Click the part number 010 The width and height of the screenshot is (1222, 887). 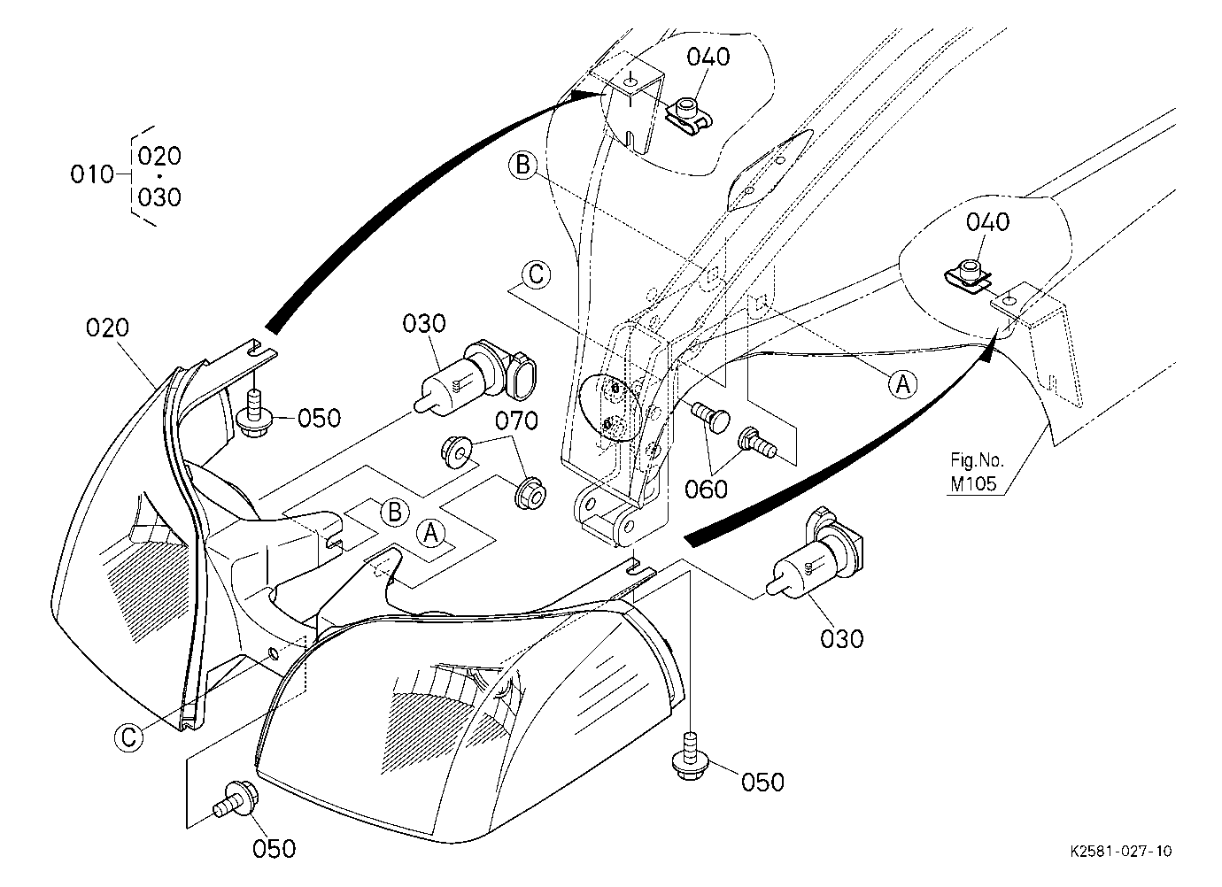tap(92, 174)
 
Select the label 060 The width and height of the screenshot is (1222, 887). tap(706, 489)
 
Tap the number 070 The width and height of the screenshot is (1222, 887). tap(516, 421)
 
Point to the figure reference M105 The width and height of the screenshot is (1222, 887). tap(973, 483)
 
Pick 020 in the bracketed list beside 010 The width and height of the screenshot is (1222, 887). tap(159, 156)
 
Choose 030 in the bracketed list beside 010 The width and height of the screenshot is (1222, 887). tap(159, 197)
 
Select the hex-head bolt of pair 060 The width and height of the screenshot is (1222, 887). tap(757, 443)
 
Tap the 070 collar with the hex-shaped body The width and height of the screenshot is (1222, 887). tap(530, 494)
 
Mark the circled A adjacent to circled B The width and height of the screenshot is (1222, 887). tap(431, 534)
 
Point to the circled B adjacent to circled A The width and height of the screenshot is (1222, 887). tap(394, 513)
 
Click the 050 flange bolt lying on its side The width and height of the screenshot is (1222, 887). tap(236, 801)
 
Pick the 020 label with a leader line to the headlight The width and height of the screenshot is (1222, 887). tap(107, 328)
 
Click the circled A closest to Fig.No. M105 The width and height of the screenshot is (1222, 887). tap(903, 384)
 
